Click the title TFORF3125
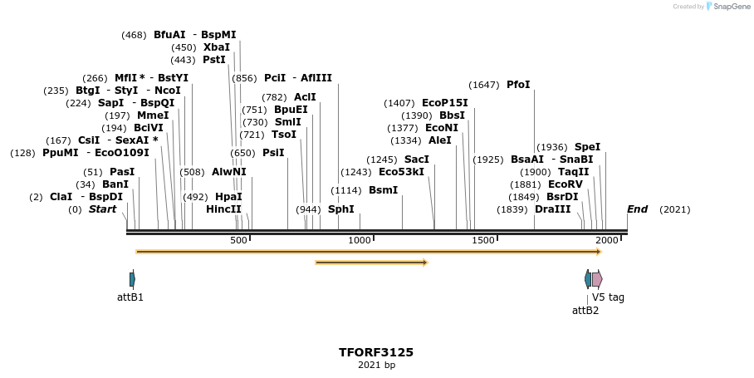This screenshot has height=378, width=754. tap(375, 352)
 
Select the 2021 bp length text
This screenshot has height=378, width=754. tap(375, 366)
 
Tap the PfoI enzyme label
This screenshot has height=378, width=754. tap(517, 85)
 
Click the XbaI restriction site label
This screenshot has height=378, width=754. tap(216, 47)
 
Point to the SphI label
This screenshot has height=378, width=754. tap(340, 209)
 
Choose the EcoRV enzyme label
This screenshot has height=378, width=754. tap(565, 184)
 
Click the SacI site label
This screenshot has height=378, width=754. tap(416, 160)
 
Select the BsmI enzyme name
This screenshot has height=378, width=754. tap(383, 190)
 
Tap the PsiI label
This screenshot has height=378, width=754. tap(273, 153)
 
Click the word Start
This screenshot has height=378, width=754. tap(102, 209)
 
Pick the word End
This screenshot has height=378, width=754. tap(637, 209)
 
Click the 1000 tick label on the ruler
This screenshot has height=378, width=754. tap(360, 240)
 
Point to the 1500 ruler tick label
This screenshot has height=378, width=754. tap(483, 240)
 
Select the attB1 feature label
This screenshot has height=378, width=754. tap(130, 297)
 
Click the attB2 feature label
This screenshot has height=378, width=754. tap(585, 311)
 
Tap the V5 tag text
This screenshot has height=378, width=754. tap(608, 297)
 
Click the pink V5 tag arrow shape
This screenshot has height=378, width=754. tap(597, 279)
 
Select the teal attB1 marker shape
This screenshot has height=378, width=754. tap(132, 279)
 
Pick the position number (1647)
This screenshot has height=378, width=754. tap(484, 85)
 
